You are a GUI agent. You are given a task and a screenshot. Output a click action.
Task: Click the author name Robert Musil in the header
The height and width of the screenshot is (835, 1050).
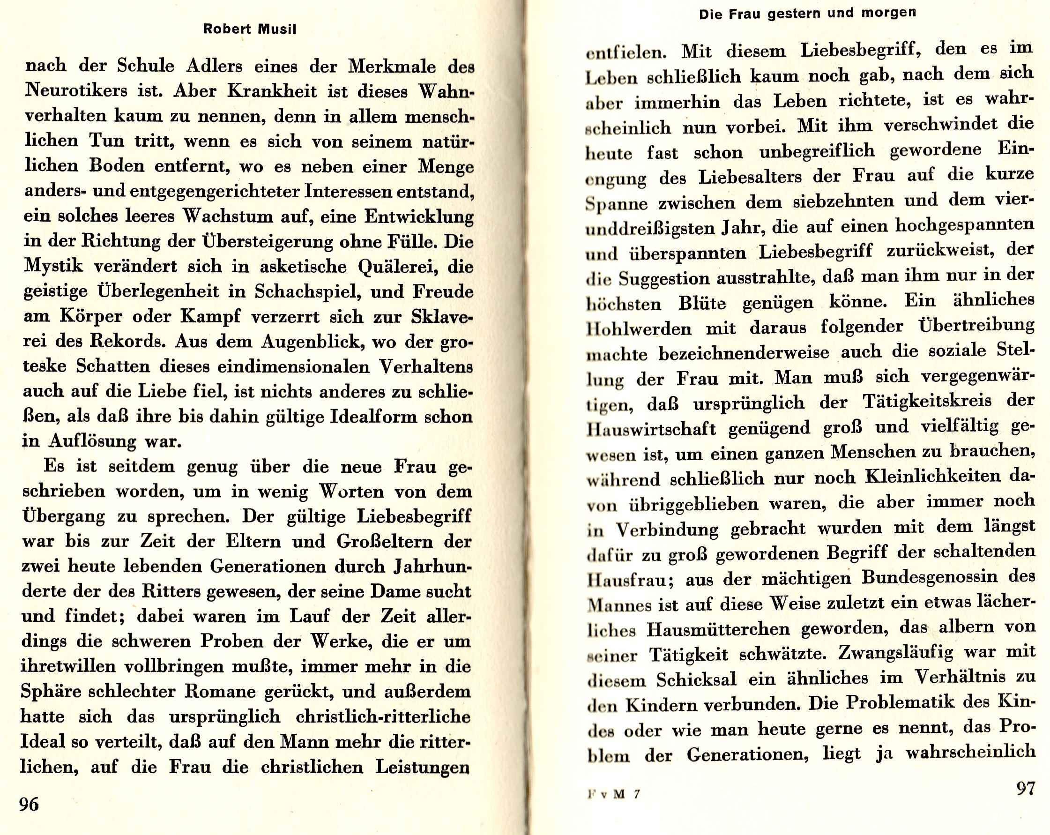(x=249, y=29)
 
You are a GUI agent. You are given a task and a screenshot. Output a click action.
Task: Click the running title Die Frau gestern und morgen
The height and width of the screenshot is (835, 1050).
(x=807, y=13)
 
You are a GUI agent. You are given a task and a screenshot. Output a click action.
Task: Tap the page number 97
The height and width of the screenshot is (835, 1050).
(x=1025, y=788)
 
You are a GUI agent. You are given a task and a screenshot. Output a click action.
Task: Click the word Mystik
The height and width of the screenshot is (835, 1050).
(x=53, y=267)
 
